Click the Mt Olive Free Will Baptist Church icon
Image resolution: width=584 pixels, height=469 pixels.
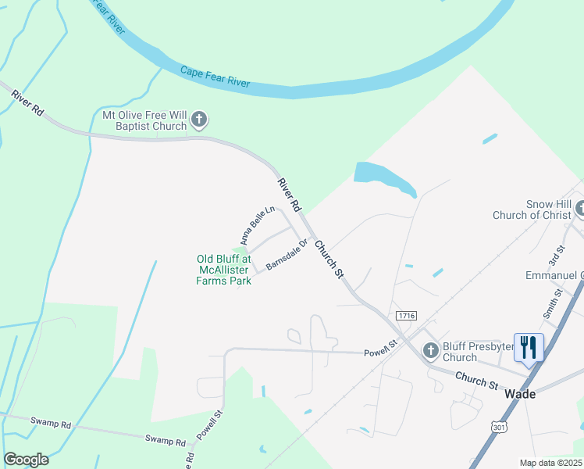tap(199, 120)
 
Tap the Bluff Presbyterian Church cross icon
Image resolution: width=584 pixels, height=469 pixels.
tap(430, 351)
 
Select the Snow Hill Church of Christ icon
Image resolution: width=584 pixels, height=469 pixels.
tap(580, 208)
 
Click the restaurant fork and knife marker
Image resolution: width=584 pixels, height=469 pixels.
tap(529, 346)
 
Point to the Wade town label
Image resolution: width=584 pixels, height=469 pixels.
tap(520, 394)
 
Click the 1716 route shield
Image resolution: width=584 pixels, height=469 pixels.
tap(406, 316)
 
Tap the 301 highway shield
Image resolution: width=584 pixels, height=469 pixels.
tap(499, 427)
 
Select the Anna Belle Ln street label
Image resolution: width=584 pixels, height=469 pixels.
tap(258, 224)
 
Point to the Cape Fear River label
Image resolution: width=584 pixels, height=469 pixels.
tap(215, 77)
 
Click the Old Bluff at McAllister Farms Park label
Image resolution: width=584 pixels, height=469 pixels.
tap(223, 270)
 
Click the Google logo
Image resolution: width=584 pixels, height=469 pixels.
tap(27, 460)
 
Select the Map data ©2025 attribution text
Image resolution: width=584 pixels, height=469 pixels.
tap(550, 463)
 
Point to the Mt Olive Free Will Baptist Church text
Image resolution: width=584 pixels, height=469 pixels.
tap(145, 120)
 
